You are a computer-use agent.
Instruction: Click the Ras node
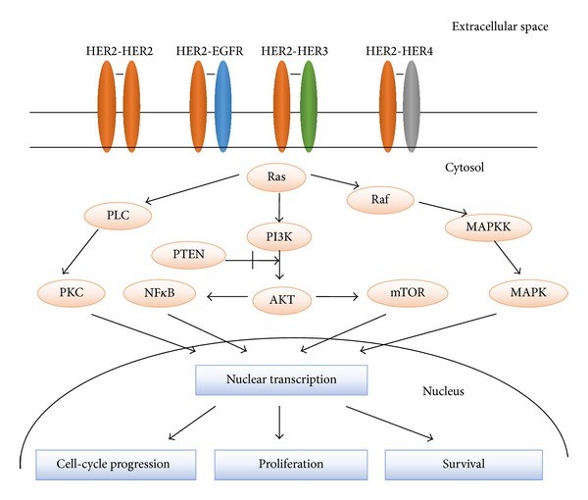click(x=282, y=177)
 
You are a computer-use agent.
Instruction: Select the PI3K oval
click(x=282, y=233)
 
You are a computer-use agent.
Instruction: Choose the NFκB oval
click(x=164, y=291)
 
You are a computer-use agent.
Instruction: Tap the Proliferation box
click(x=282, y=463)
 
